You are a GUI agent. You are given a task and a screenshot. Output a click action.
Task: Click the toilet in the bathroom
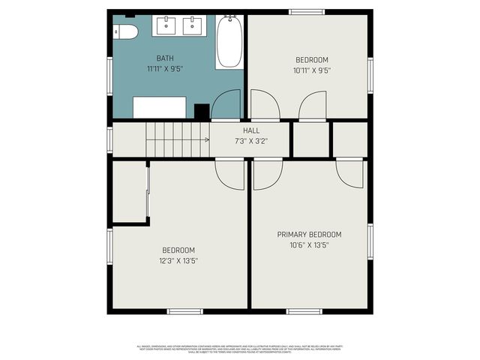(125, 31)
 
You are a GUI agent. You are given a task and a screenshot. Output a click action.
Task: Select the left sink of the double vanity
(166, 25)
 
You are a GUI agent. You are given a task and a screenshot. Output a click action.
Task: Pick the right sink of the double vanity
(193, 25)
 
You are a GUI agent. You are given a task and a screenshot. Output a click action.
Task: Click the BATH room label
(165, 58)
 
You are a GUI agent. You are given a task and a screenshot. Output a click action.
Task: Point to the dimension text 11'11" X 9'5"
(165, 69)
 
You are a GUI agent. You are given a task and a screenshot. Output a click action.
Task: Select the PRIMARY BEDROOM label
(309, 234)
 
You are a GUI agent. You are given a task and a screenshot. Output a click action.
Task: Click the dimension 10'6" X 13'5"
(309, 244)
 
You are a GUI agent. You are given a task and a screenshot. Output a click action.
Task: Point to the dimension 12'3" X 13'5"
(178, 261)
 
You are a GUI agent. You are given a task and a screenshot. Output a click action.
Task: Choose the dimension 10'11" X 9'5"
(310, 70)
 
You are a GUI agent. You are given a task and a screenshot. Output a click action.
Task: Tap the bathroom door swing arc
(226, 105)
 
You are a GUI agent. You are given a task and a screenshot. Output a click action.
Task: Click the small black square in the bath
(202, 112)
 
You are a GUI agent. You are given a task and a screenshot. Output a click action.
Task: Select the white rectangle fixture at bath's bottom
(160, 107)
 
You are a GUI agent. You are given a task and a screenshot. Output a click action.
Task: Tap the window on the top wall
(307, 11)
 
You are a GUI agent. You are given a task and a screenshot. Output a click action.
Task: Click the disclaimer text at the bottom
(240, 348)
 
